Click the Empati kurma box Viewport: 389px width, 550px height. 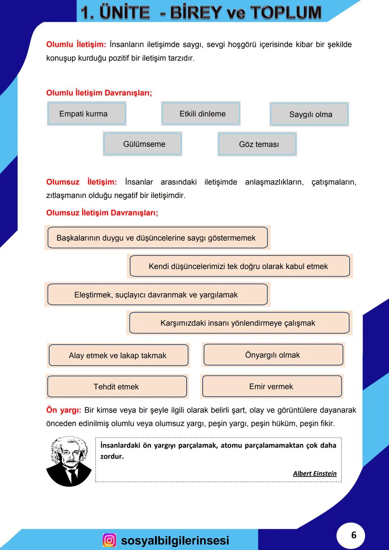(x=86, y=114)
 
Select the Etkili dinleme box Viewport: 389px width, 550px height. (x=201, y=114)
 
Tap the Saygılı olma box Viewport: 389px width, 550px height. (x=309, y=115)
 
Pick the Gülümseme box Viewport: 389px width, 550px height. (x=143, y=144)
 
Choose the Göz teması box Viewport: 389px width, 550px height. (x=257, y=144)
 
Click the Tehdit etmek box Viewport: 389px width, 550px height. (x=117, y=387)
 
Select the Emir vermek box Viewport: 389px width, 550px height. (x=272, y=386)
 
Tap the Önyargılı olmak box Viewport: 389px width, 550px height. (x=273, y=355)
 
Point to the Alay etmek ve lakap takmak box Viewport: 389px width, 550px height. (x=118, y=356)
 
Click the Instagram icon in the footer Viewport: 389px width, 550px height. (x=109, y=540)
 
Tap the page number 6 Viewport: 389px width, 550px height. (x=353, y=535)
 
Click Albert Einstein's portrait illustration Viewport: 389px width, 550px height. (x=69, y=461)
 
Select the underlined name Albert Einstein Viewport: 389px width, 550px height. (x=314, y=474)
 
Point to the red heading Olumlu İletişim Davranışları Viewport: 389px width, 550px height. (x=99, y=93)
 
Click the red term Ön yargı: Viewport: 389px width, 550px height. (x=63, y=410)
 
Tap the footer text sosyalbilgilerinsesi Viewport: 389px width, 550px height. (x=175, y=540)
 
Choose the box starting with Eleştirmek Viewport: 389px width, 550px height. (x=157, y=295)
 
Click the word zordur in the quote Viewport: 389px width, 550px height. (x=112, y=456)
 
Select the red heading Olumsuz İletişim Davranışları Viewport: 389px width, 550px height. (x=102, y=213)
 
